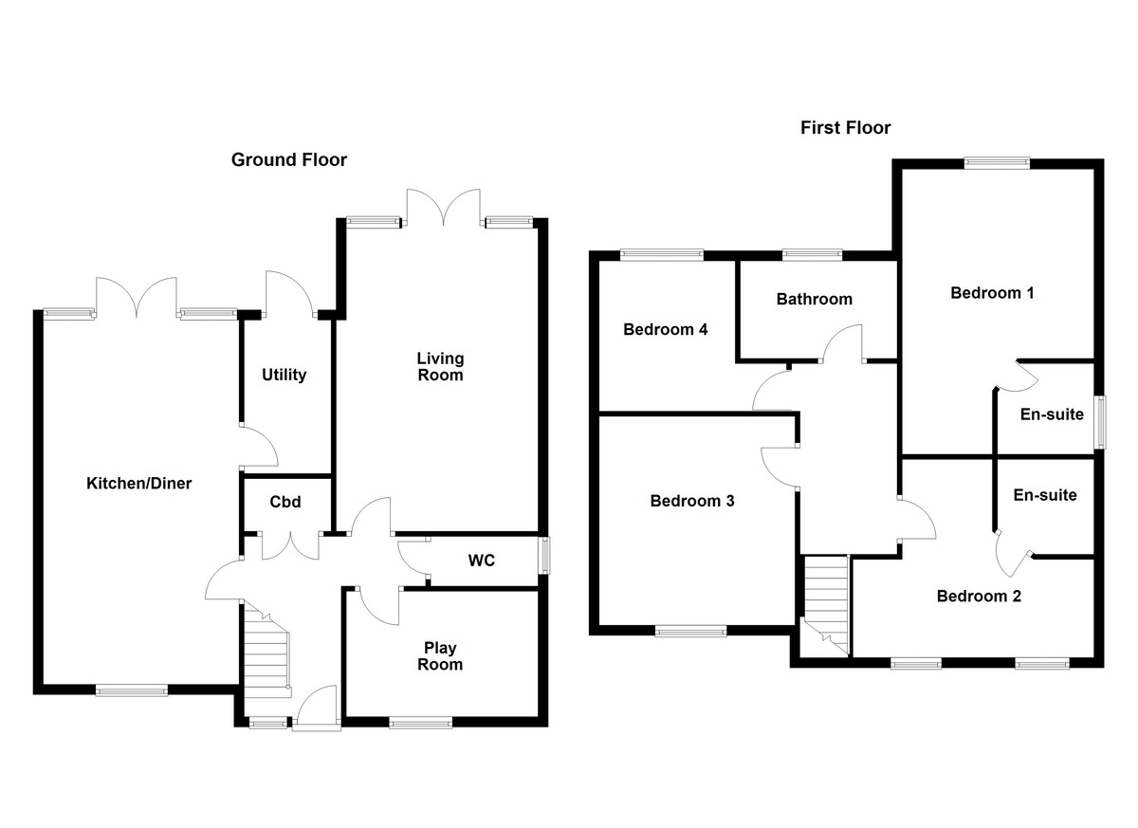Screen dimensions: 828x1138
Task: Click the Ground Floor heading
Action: tap(289, 160)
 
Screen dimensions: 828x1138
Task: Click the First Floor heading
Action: tap(845, 128)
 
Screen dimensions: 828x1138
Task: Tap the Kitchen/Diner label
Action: tap(139, 484)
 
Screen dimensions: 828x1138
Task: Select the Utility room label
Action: tap(284, 375)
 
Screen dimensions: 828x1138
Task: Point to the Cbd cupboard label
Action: tap(285, 502)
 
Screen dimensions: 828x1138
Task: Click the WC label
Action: tap(481, 561)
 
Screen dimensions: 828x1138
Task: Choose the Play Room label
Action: tap(440, 656)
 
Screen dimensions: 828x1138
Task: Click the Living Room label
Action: tap(441, 366)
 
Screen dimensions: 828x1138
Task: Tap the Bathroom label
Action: tap(814, 299)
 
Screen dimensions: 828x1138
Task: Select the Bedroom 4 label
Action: tap(666, 330)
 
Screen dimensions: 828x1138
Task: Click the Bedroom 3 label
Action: tap(692, 501)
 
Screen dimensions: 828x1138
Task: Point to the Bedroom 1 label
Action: tap(992, 293)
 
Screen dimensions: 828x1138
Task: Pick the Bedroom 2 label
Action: tap(979, 596)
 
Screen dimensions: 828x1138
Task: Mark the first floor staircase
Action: tap(826, 603)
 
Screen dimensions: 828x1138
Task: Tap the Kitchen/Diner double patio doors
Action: tap(138, 297)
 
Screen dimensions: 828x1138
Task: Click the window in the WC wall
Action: tap(543, 556)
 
